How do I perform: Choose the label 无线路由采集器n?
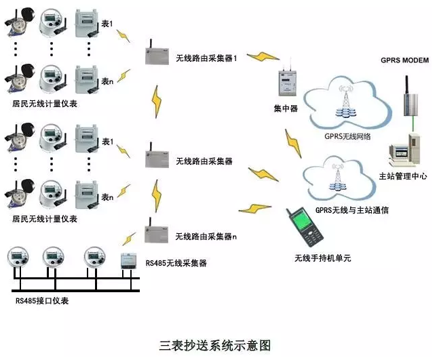click(206, 237)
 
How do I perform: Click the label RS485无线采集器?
click(176, 262)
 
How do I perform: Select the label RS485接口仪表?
click(42, 300)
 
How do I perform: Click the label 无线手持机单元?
click(322, 258)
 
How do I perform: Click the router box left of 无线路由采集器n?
click(156, 233)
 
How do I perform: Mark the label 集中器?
click(285, 108)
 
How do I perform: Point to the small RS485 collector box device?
click(131, 262)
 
